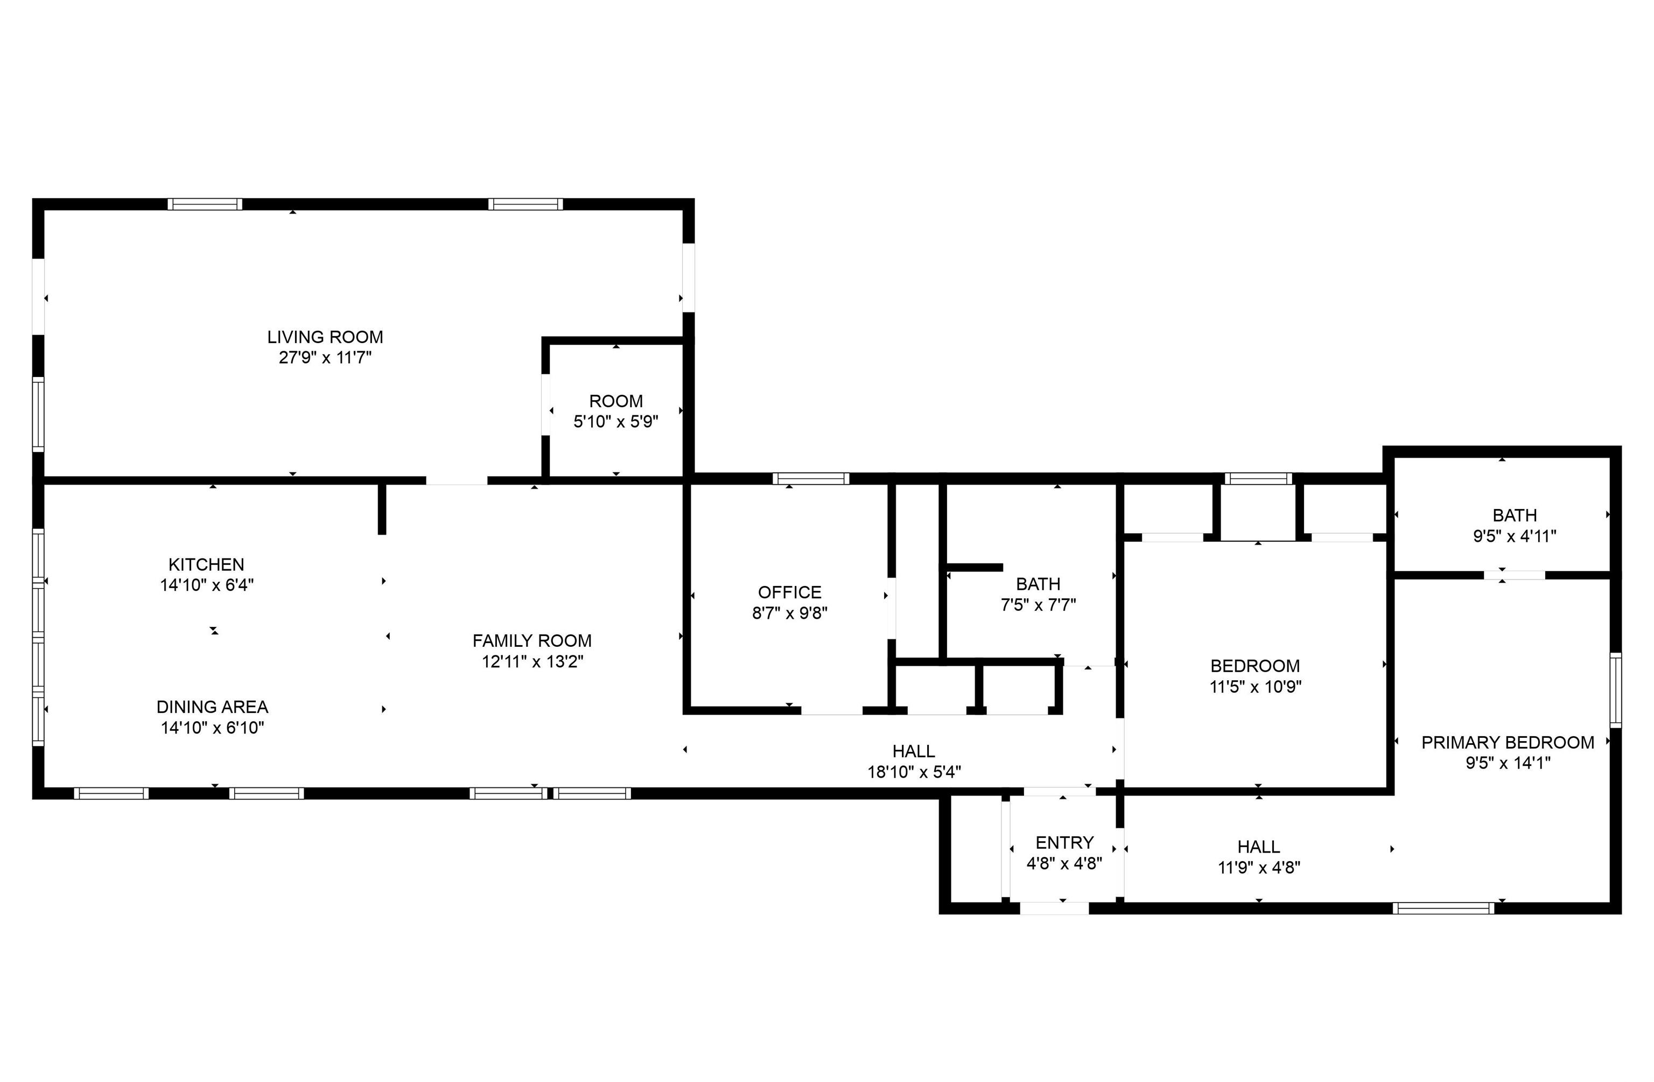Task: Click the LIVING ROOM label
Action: [x=325, y=337]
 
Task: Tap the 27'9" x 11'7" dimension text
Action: [x=325, y=358]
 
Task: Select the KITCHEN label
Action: [x=206, y=564]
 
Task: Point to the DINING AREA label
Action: [x=213, y=707]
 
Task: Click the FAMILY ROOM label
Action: [x=532, y=641]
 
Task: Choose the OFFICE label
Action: [x=789, y=592]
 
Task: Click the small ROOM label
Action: [x=616, y=401]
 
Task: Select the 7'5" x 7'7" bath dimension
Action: [x=1038, y=605]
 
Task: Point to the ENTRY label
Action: [x=1064, y=843]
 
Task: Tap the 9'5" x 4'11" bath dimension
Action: [x=1515, y=536]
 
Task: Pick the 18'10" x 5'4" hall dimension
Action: [x=914, y=772]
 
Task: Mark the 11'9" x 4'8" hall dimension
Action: [x=1259, y=868]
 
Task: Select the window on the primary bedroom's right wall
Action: [x=1616, y=690]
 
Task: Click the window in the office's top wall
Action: [x=811, y=478]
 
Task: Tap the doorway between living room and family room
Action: [x=457, y=480]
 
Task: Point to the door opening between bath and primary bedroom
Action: [x=1515, y=575]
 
